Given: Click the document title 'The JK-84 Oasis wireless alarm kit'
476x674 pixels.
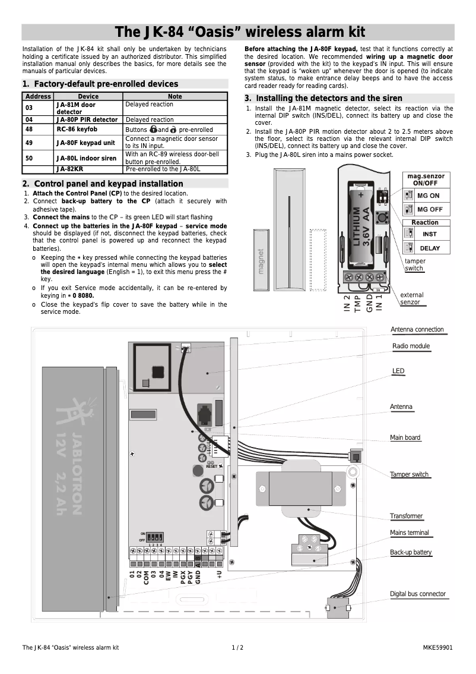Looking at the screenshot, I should coord(239,32).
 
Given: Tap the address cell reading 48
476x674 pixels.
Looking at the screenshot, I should coord(30,129).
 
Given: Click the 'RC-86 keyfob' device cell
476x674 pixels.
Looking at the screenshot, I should coord(77,129).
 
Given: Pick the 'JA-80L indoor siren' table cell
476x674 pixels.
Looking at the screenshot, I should coord(86,158).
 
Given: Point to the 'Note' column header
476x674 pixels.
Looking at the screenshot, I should coord(175,96).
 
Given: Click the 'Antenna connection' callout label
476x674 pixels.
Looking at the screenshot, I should coord(417,330).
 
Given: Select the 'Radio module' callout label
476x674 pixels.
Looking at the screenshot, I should coord(411,347).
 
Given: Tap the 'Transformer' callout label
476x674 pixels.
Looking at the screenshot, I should coord(406,516).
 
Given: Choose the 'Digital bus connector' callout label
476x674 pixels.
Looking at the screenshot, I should coord(417,594).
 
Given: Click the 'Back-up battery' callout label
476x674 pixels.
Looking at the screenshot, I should coord(411,553).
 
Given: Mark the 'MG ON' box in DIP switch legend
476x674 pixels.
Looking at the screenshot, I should coord(428,196).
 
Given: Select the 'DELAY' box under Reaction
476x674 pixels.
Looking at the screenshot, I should coord(430,248).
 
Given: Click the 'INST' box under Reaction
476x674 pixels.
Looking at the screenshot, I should coord(430,234).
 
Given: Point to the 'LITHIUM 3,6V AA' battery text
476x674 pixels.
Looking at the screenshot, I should coord(361,226).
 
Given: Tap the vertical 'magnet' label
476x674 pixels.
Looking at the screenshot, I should coord(261,262).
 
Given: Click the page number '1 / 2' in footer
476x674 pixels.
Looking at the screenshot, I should coord(237,647).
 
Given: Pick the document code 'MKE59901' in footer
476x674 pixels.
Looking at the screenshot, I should coord(437,647).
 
